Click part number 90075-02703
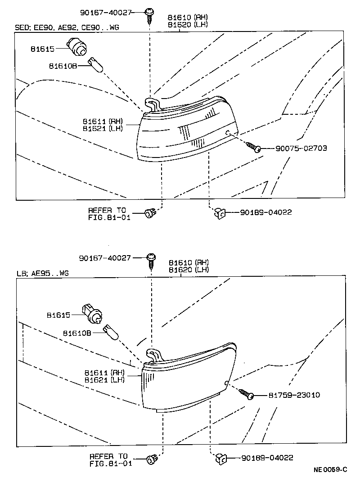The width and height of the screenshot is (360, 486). pyautogui.click(x=295, y=148)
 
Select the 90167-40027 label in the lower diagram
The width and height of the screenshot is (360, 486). pyautogui.click(x=104, y=258)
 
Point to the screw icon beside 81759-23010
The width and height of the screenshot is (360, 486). pyautogui.click(x=246, y=394)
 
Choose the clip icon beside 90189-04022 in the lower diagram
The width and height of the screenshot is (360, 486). pyautogui.click(x=220, y=458)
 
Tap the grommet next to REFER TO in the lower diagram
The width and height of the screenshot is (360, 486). pyautogui.click(x=151, y=459)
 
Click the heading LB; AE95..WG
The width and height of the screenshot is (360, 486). pyautogui.click(x=43, y=273)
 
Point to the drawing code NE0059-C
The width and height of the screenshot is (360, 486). pyautogui.click(x=331, y=470)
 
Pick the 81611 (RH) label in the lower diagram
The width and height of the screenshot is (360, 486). pyautogui.click(x=104, y=372)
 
